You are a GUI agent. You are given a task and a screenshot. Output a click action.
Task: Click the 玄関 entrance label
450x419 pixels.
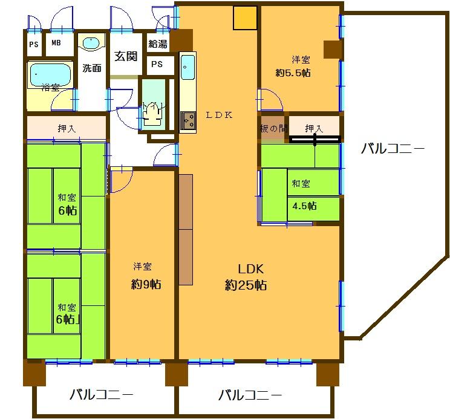[x=126, y=56]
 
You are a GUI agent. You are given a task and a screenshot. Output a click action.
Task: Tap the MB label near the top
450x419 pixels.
[x=56, y=43]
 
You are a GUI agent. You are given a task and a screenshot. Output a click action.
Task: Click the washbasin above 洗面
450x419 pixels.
[x=91, y=44]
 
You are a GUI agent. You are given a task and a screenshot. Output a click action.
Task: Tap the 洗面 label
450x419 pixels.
[x=92, y=68]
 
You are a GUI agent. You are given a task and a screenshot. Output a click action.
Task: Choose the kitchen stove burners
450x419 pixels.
[x=188, y=121]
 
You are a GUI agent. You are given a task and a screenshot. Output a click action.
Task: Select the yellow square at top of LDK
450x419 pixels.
[x=246, y=18]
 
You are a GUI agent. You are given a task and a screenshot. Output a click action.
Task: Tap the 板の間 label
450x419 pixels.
[x=272, y=128]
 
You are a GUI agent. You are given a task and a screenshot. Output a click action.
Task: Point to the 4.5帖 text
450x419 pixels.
[x=304, y=206]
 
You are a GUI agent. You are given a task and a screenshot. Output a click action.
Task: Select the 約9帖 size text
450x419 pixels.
[x=146, y=285]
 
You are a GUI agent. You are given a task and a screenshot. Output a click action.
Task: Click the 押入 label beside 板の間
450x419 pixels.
[x=314, y=128]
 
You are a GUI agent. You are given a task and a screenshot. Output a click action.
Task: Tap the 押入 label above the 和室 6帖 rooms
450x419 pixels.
[x=67, y=129]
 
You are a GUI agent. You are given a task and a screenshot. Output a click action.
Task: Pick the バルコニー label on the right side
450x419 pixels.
[x=393, y=149]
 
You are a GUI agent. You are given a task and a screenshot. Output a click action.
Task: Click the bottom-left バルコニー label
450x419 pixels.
[x=101, y=395]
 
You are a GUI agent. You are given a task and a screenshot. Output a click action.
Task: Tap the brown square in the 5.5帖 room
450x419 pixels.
[x=332, y=50]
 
